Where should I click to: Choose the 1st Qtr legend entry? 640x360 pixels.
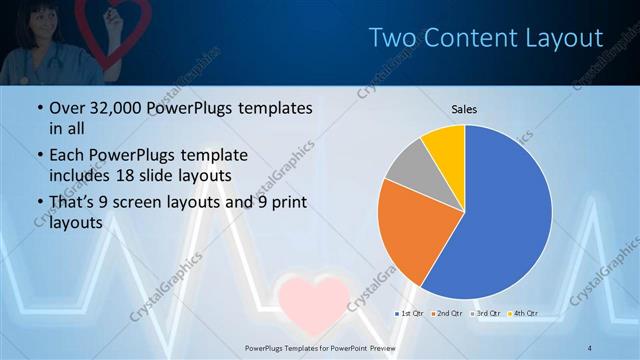408,314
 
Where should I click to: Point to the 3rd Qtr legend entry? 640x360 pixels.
486,314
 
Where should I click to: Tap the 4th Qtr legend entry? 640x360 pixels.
524,314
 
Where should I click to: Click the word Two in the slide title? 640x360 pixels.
390,38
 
